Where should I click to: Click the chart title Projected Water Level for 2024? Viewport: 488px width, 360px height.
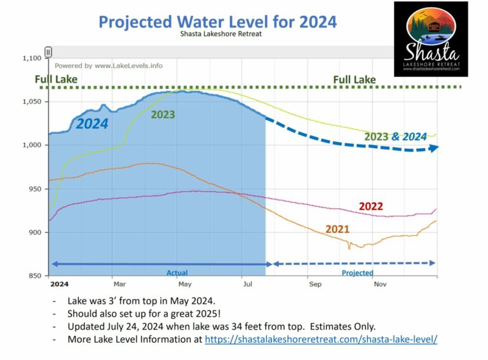(217, 22)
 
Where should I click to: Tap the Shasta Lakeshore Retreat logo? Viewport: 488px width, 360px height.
(431, 39)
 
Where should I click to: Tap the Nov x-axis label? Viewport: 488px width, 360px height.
(379, 284)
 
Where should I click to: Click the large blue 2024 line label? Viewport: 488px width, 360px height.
(92, 124)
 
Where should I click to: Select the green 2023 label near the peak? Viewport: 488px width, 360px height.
(163, 115)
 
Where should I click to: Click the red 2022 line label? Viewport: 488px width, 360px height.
(371, 207)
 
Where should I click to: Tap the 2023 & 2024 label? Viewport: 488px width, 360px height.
(395, 136)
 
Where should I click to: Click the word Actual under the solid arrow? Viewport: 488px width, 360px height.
(177, 273)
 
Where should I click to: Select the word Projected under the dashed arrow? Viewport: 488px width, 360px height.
(358, 273)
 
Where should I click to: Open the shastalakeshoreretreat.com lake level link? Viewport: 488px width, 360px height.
(321, 339)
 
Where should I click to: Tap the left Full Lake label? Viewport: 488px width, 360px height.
(57, 80)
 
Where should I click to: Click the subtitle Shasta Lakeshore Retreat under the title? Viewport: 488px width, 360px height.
(217, 34)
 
